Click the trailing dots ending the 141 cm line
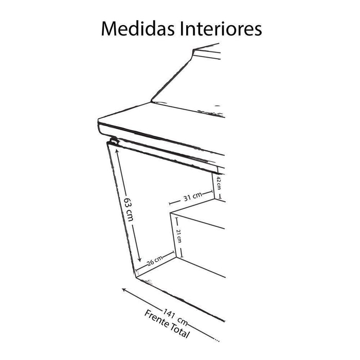click(x=218, y=339)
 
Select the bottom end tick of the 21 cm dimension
click(x=178, y=257)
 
